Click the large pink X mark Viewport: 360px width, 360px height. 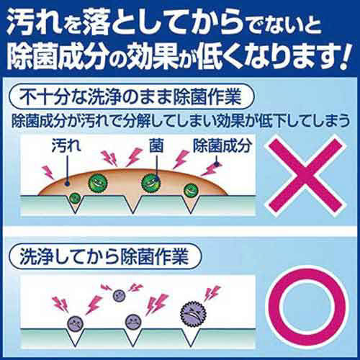(x=305, y=176)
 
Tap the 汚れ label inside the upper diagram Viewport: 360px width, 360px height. (x=66, y=145)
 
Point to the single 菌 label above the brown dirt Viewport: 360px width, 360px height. (x=156, y=145)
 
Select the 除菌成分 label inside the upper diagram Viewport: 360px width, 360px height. (x=222, y=145)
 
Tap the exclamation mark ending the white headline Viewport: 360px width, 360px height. (x=345, y=55)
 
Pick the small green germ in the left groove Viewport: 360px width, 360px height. (x=75, y=198)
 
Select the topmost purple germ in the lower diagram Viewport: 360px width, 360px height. (x=120, y=295)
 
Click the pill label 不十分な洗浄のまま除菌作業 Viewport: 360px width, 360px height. (x=131, y=96)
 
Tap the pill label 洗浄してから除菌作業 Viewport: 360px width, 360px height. (x=104, y=256)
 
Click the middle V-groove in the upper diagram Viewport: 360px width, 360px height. (x=132, y=204)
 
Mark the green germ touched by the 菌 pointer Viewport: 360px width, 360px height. (x=150, y=183)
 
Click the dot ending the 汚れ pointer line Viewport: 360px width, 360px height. (x=67, y=184)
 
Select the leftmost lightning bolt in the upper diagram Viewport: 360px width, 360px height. (x=48, y=172)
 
